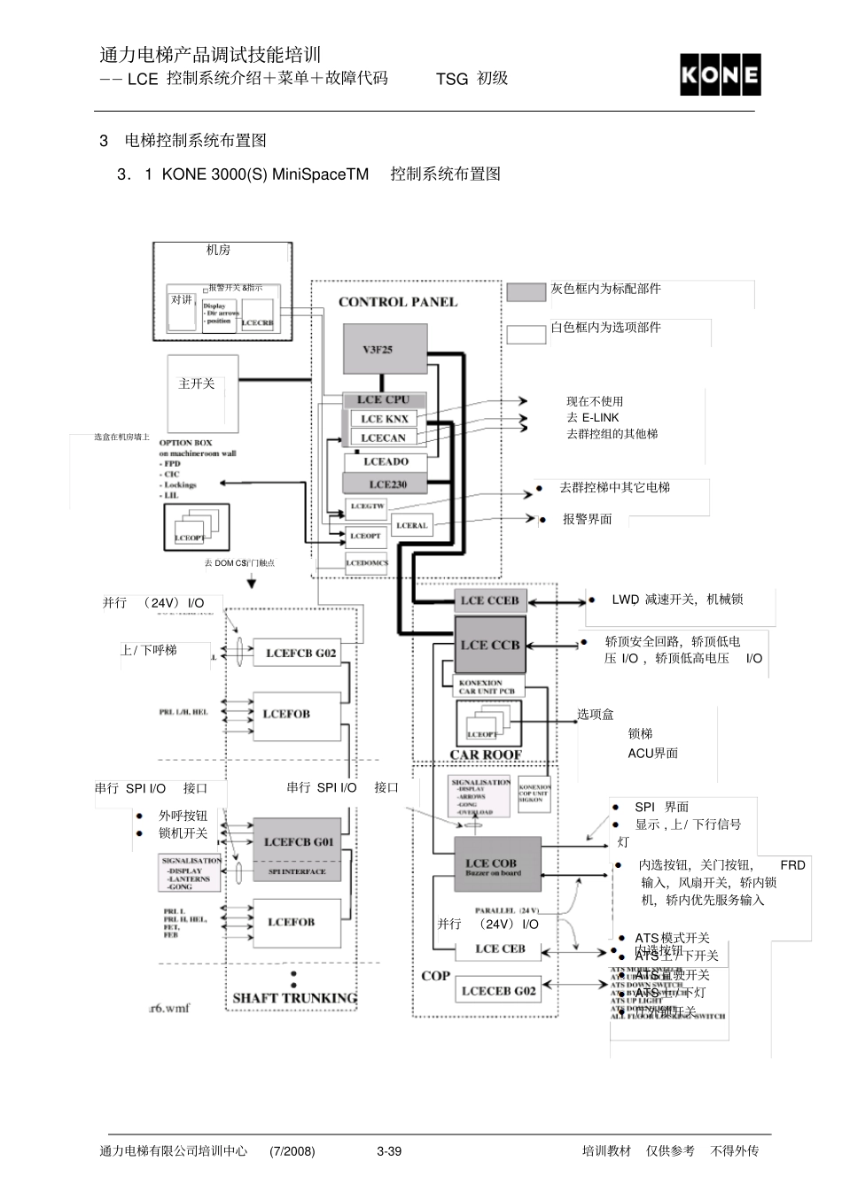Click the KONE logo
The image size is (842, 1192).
click(x=720, y=75)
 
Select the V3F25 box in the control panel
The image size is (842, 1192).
click(x=385, y=349)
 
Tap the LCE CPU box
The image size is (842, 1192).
click(x=384, y=400)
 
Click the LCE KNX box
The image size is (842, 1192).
click(x=385, y=419)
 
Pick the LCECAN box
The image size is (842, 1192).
click(x=384, y=437)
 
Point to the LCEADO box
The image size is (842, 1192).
click(x=386, y=462)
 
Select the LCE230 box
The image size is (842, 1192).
click(x=386, y=484)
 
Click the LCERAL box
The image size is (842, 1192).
click(x=411, y=526)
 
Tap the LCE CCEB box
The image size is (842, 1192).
click(x=489, y=600)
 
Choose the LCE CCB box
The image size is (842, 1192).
click(x=490, y=646)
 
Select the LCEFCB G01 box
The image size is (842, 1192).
click(x=298, y=842)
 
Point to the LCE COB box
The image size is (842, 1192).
click(x=496, y=867)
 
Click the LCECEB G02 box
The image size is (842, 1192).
click(x=498, y=991)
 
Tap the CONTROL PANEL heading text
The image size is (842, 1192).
click(x=398, y=302)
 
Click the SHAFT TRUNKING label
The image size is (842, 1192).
click(x=294, y=998)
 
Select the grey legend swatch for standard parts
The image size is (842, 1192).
click(x=526, y=292)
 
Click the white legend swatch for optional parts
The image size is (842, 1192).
click(x=526, y=335)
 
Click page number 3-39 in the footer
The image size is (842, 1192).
click(x=389, y=1151)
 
